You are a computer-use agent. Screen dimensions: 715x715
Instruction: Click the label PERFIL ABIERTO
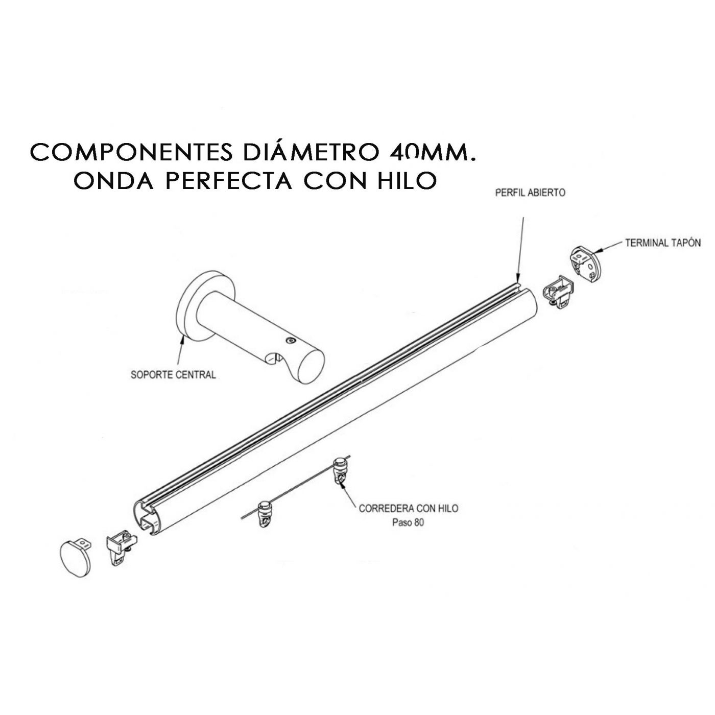pyautogui.click(x=530, y=193)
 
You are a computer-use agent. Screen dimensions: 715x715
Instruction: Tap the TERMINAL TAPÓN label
pyautogui.click(x=662, y=243)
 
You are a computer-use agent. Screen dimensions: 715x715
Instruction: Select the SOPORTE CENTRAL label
pyautogui.click(x=174, y=374)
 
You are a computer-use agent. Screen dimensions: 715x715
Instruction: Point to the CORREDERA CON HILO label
pyautogui.click(x=408, y=508)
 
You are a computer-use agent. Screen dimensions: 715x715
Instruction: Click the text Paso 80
pyautogui.click(x=408, y=522)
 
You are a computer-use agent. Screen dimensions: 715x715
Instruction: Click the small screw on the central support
pyautogui.click(x=291, y=341)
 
